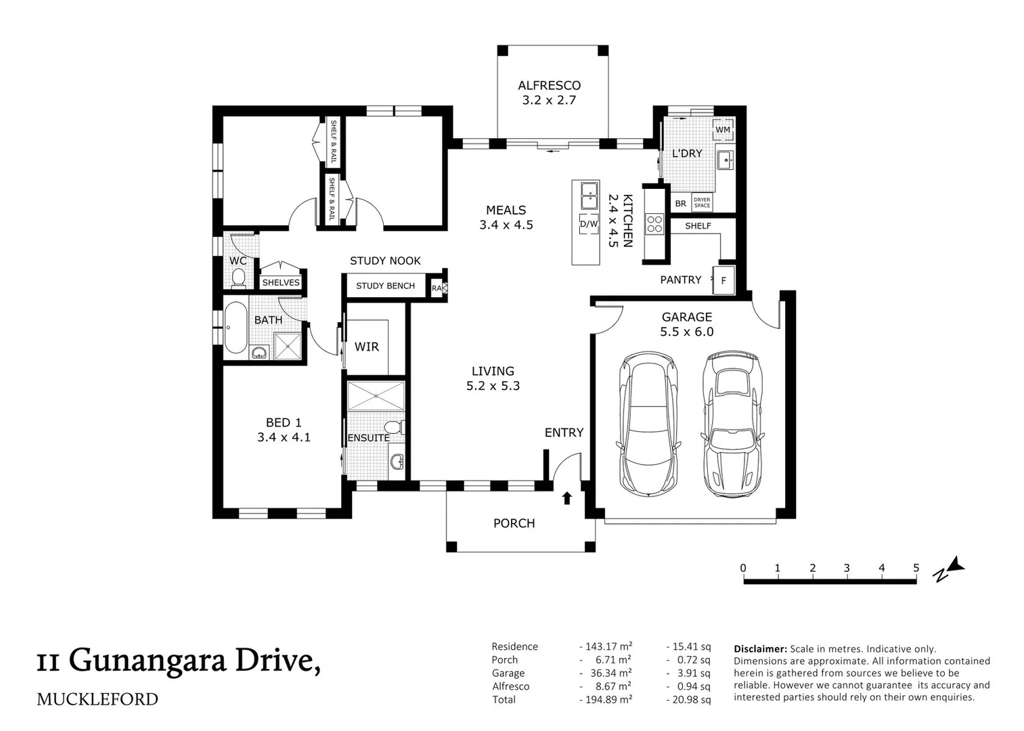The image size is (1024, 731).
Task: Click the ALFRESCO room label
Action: point(549,85)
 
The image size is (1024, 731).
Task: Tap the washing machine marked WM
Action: point(723,129)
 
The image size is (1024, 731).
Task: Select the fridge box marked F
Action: point(724,280)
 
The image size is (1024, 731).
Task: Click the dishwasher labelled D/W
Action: point(589,224)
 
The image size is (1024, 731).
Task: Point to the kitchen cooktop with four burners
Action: point(654,225)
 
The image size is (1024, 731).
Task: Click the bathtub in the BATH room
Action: point(236,328)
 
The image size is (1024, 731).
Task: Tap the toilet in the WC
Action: point(238,278)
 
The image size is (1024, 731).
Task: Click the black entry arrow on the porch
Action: point(567,498)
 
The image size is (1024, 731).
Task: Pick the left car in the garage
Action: point(648,424)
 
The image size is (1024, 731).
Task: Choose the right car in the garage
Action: point(732,424)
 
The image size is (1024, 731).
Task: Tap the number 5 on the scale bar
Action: point(916,568)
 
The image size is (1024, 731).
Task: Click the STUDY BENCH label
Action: point(385,286)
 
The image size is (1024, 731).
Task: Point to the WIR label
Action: point(367,347)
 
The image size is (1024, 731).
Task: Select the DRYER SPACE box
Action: point(702,202)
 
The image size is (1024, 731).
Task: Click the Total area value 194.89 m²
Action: point(606,699)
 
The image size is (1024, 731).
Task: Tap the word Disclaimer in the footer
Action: point(760,648)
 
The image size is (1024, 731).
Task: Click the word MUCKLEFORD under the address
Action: point(97,699)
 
